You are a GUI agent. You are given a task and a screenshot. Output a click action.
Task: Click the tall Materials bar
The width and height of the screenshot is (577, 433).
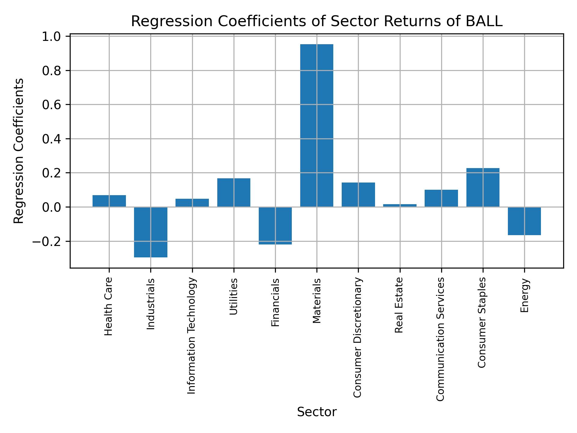click(x=316, y=125)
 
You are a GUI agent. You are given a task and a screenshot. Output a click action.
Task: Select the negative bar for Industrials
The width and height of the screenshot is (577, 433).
click(x=151, y=232)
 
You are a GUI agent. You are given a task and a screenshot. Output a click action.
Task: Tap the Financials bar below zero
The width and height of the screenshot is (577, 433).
click(x=275, y=226)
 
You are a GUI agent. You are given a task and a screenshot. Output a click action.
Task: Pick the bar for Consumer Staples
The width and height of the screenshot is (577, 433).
click(x=483, y=187)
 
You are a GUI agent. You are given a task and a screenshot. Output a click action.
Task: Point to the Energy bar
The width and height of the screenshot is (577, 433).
click(x=524, y=221)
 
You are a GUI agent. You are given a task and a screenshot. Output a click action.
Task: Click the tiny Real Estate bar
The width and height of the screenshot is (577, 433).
click(x=400, y=205)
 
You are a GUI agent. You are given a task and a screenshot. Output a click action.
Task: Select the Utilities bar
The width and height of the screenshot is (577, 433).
click(x=234, y=192)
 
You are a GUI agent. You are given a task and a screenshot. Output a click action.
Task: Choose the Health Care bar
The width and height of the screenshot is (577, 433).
click(x=109, y=201)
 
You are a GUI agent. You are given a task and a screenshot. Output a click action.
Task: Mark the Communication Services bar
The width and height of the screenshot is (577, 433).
click(x=441, y=198)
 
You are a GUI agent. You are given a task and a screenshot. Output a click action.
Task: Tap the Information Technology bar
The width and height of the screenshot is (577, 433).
click(x=192, y=203)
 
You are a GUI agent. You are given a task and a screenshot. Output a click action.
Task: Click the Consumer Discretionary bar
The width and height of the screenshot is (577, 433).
click(x=358, y=195)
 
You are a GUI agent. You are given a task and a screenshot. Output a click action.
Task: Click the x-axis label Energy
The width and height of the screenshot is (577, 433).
click(x=524, y=295)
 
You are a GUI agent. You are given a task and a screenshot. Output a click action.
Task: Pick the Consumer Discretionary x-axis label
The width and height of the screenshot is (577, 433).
click(x=357, y=337)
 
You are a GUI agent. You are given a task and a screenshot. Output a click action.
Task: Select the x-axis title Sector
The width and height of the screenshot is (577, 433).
click(x=316, y=412)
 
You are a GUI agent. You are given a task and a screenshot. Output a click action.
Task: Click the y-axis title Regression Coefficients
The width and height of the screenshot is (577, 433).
click(x=19, y=151)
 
